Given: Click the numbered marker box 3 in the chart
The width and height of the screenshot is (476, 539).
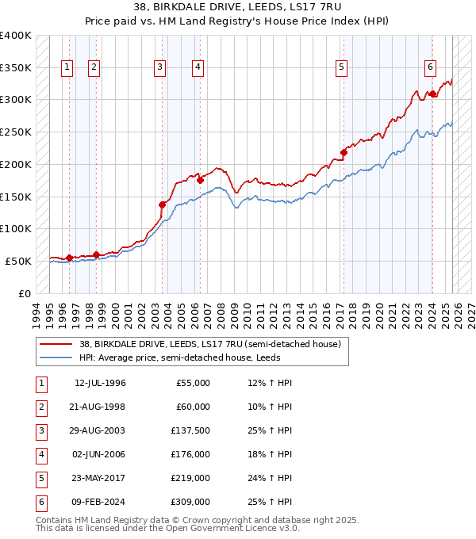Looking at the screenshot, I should pyautogui.click(x=160, y=68).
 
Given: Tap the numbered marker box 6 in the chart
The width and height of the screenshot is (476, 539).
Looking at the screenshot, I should pyautogui.click(x=430, y=68).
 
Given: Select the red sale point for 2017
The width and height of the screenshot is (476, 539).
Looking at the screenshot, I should pyautogui.click(x=344, y=152).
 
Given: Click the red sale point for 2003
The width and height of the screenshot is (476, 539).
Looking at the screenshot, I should pyautogui.click(x=162, y=205).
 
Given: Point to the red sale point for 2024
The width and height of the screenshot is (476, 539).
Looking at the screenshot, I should pyautogui.click(x=432, y=94).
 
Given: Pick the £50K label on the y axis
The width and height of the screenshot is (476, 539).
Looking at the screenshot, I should pyautogui.click(x=18, y=261).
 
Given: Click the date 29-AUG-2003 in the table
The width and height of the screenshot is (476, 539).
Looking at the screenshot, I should pyautogui.click(x=99, y=430).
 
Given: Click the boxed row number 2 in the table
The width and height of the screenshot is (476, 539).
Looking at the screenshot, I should pyautogui.click(x=39, y=407).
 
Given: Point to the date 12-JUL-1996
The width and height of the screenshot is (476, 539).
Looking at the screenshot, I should pyautogui.click(x=99, y=383).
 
